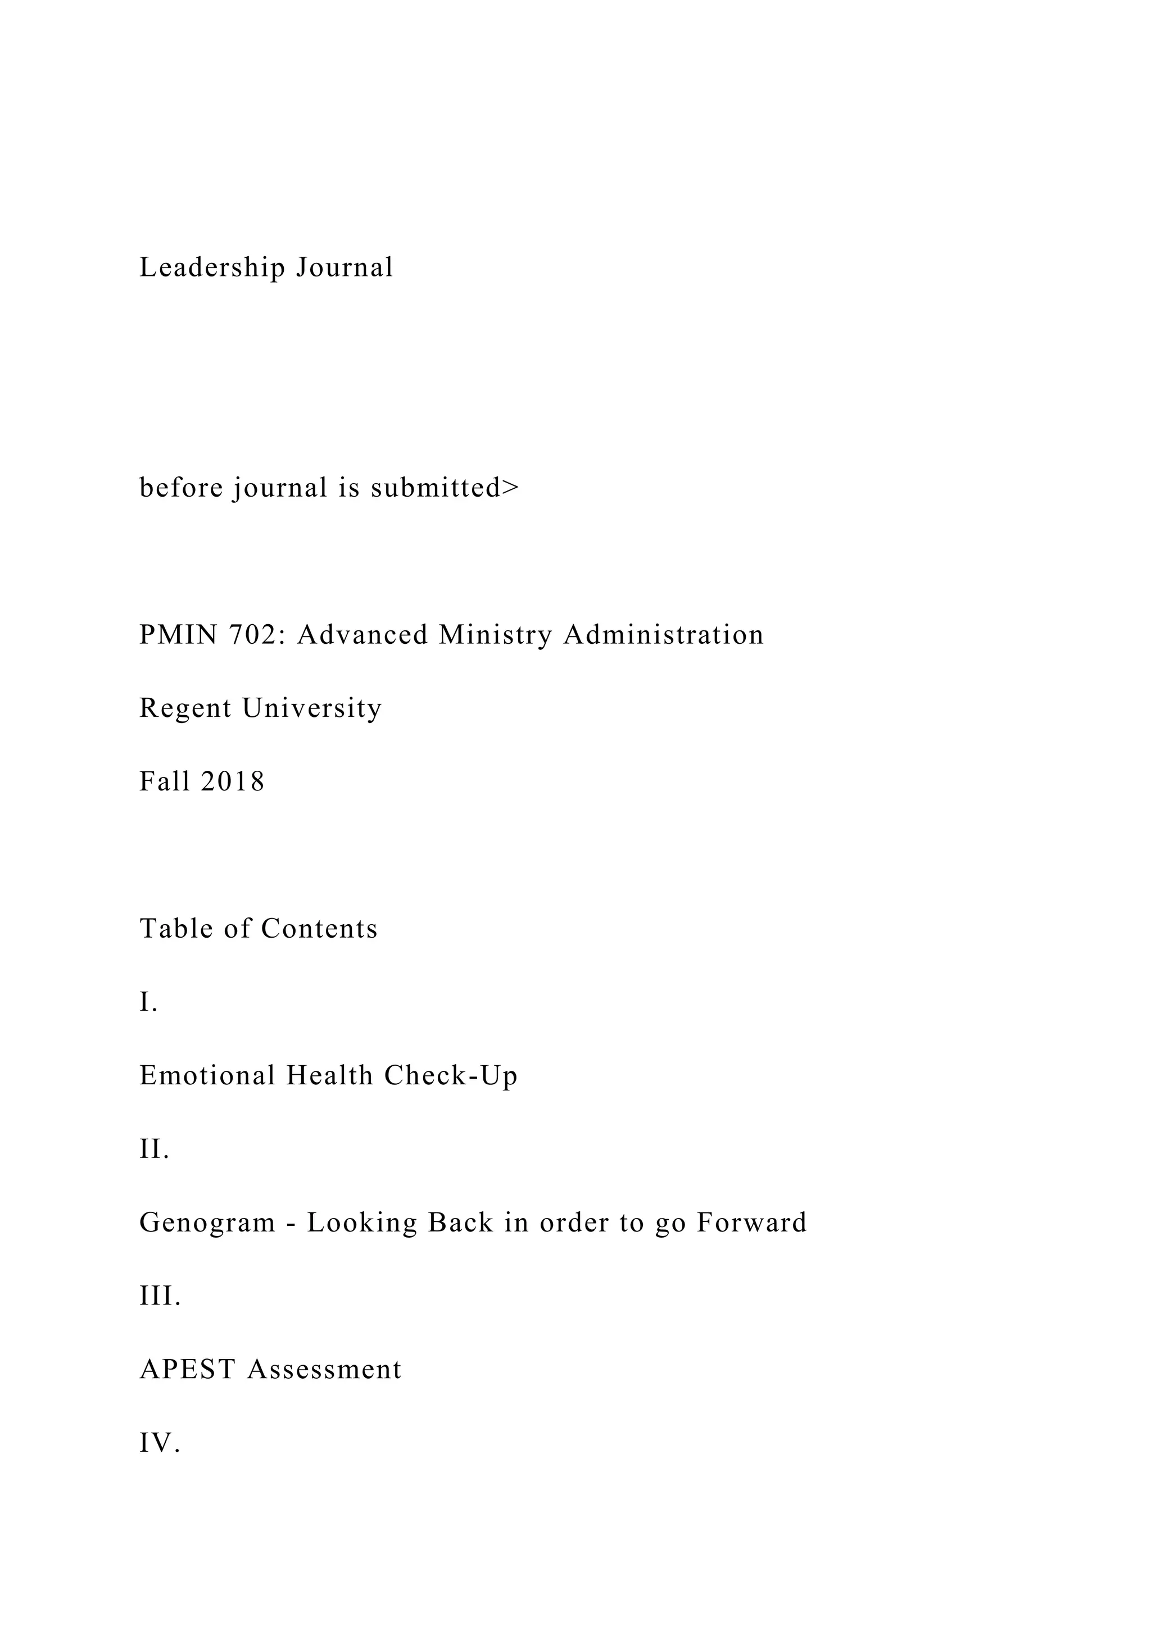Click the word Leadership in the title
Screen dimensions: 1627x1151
212,268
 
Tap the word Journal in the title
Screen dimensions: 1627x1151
345,268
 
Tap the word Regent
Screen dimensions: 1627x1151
185,708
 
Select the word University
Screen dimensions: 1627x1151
312,708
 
